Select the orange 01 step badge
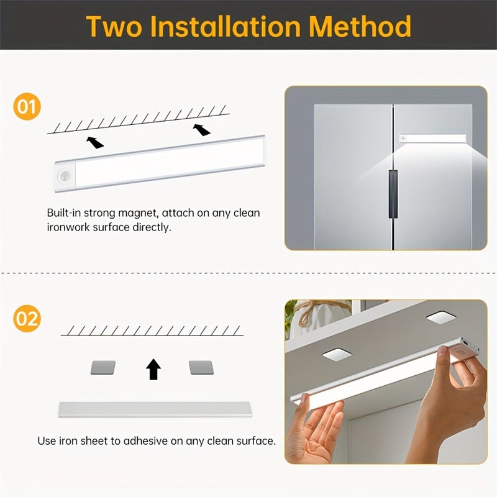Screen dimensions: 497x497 tap(26, 107)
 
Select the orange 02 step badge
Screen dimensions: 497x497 tap(26, 319)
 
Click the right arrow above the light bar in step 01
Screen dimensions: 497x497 tap(201, 129)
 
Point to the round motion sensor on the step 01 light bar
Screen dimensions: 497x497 tap(64, 176)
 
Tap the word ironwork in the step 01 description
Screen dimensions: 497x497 tap(70, 227)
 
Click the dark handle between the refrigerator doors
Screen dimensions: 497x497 tap(393, 195)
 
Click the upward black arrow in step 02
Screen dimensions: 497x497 tap(153, 369)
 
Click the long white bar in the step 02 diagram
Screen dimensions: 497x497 tap(156, 409)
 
